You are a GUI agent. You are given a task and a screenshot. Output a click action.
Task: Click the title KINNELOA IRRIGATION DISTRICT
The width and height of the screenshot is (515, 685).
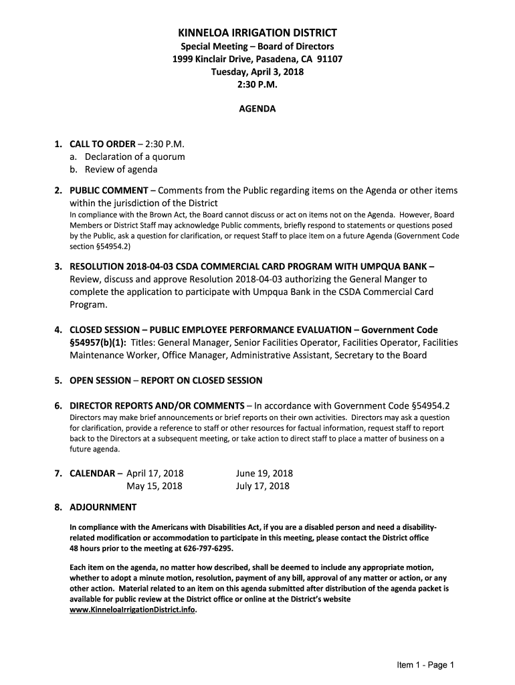coord(257,33)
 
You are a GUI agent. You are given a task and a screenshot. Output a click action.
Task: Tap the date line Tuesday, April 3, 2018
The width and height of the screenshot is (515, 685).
coord(257,72)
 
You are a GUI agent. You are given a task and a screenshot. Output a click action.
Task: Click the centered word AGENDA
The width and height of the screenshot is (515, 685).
coord(257,108)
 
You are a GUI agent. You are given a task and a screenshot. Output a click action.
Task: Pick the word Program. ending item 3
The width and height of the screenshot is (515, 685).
coord(89,304)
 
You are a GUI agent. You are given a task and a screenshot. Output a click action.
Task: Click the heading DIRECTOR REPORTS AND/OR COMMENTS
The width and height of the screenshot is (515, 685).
coord(157,406)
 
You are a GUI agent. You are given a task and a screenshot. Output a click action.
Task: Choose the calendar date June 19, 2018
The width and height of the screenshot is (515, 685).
coord(264,474)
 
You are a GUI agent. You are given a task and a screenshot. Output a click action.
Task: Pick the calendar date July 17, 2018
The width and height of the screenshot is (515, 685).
coord(263,486)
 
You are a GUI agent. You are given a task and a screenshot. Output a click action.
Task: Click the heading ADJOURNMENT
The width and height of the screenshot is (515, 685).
coord(103,507)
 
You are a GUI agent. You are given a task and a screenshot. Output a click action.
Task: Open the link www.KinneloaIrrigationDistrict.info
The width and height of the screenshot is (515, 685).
coord(133,610)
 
